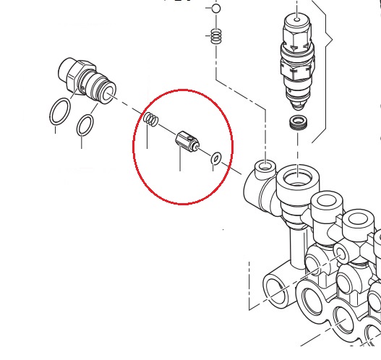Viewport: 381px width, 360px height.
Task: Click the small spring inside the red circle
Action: [150, 119]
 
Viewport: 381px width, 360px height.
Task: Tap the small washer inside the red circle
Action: [216, 158]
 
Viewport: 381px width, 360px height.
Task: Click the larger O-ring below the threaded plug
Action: [60, 112]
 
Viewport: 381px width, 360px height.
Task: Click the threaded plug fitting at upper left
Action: [85, 79]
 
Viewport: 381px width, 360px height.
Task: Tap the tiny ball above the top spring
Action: [215, 9]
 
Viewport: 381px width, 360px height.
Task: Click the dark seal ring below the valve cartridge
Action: [297, 122]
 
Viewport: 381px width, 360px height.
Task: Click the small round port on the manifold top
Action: [265, 168]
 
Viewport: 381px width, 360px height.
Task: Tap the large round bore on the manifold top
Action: [297, 176]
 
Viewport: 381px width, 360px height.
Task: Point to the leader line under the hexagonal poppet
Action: [180, 161]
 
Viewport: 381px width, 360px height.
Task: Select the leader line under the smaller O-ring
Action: [81, 142]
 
